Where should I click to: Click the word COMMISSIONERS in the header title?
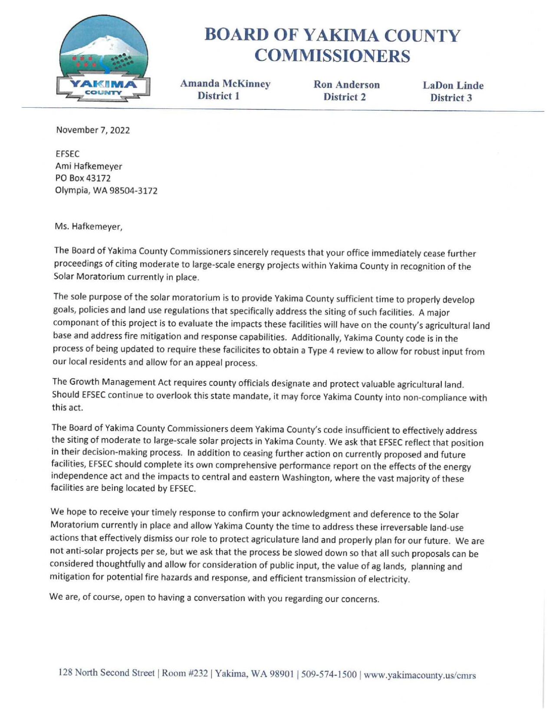coord(332,56)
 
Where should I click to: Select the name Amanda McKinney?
coord(225,84)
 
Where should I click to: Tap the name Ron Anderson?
coord(346,85)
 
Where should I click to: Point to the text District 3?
coord(451,98)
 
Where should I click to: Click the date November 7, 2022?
coord(93,130)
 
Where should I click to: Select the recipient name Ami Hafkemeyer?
coord(89,166)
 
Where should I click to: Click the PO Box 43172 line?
coord(83,178)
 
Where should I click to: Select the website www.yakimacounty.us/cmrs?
coord(420,675)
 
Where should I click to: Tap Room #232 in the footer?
coord(184,674)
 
